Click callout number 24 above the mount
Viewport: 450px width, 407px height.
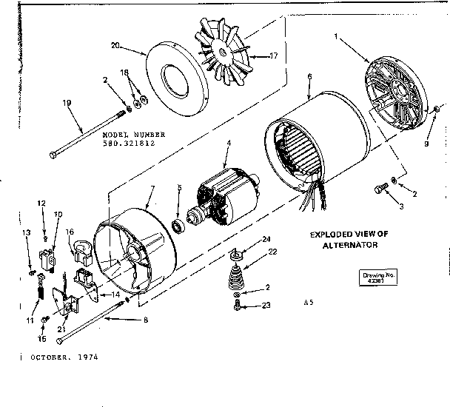(x=266, y=239)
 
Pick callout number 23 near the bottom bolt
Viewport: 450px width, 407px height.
(x=266, y=304)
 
